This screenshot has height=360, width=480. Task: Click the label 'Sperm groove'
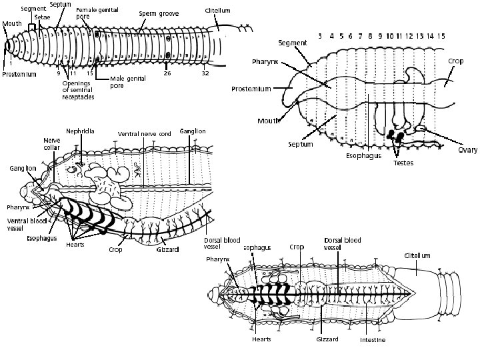pyautogui.click(x=159, y=13)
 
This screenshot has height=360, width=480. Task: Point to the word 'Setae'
pyautogui.click(x=41, y=15)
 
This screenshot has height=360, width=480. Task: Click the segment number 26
pyautogui.click(x=167, y=73)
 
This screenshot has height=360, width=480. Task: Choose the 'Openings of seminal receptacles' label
pyautogui.click(x=78, y=90)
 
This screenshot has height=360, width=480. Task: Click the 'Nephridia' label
pyautogui.click(x=79, y=131)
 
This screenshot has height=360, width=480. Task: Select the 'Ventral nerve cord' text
pyautogui.click(x=144, y=134)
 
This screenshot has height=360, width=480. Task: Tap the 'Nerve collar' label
pyautogui.click(x=51, y=144)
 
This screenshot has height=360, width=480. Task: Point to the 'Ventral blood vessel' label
pyautogui.click(x=25, y=223)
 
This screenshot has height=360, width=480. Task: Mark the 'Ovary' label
pyautogui.click(x=467, y=151)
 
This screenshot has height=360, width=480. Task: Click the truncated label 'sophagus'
pyautogui.click(x=257, y=247)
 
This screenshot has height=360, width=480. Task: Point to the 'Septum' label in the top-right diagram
pyautogui.click(x=300, y=144)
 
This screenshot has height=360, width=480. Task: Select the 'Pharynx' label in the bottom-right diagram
pyautogui.click(x=217, y=259)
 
